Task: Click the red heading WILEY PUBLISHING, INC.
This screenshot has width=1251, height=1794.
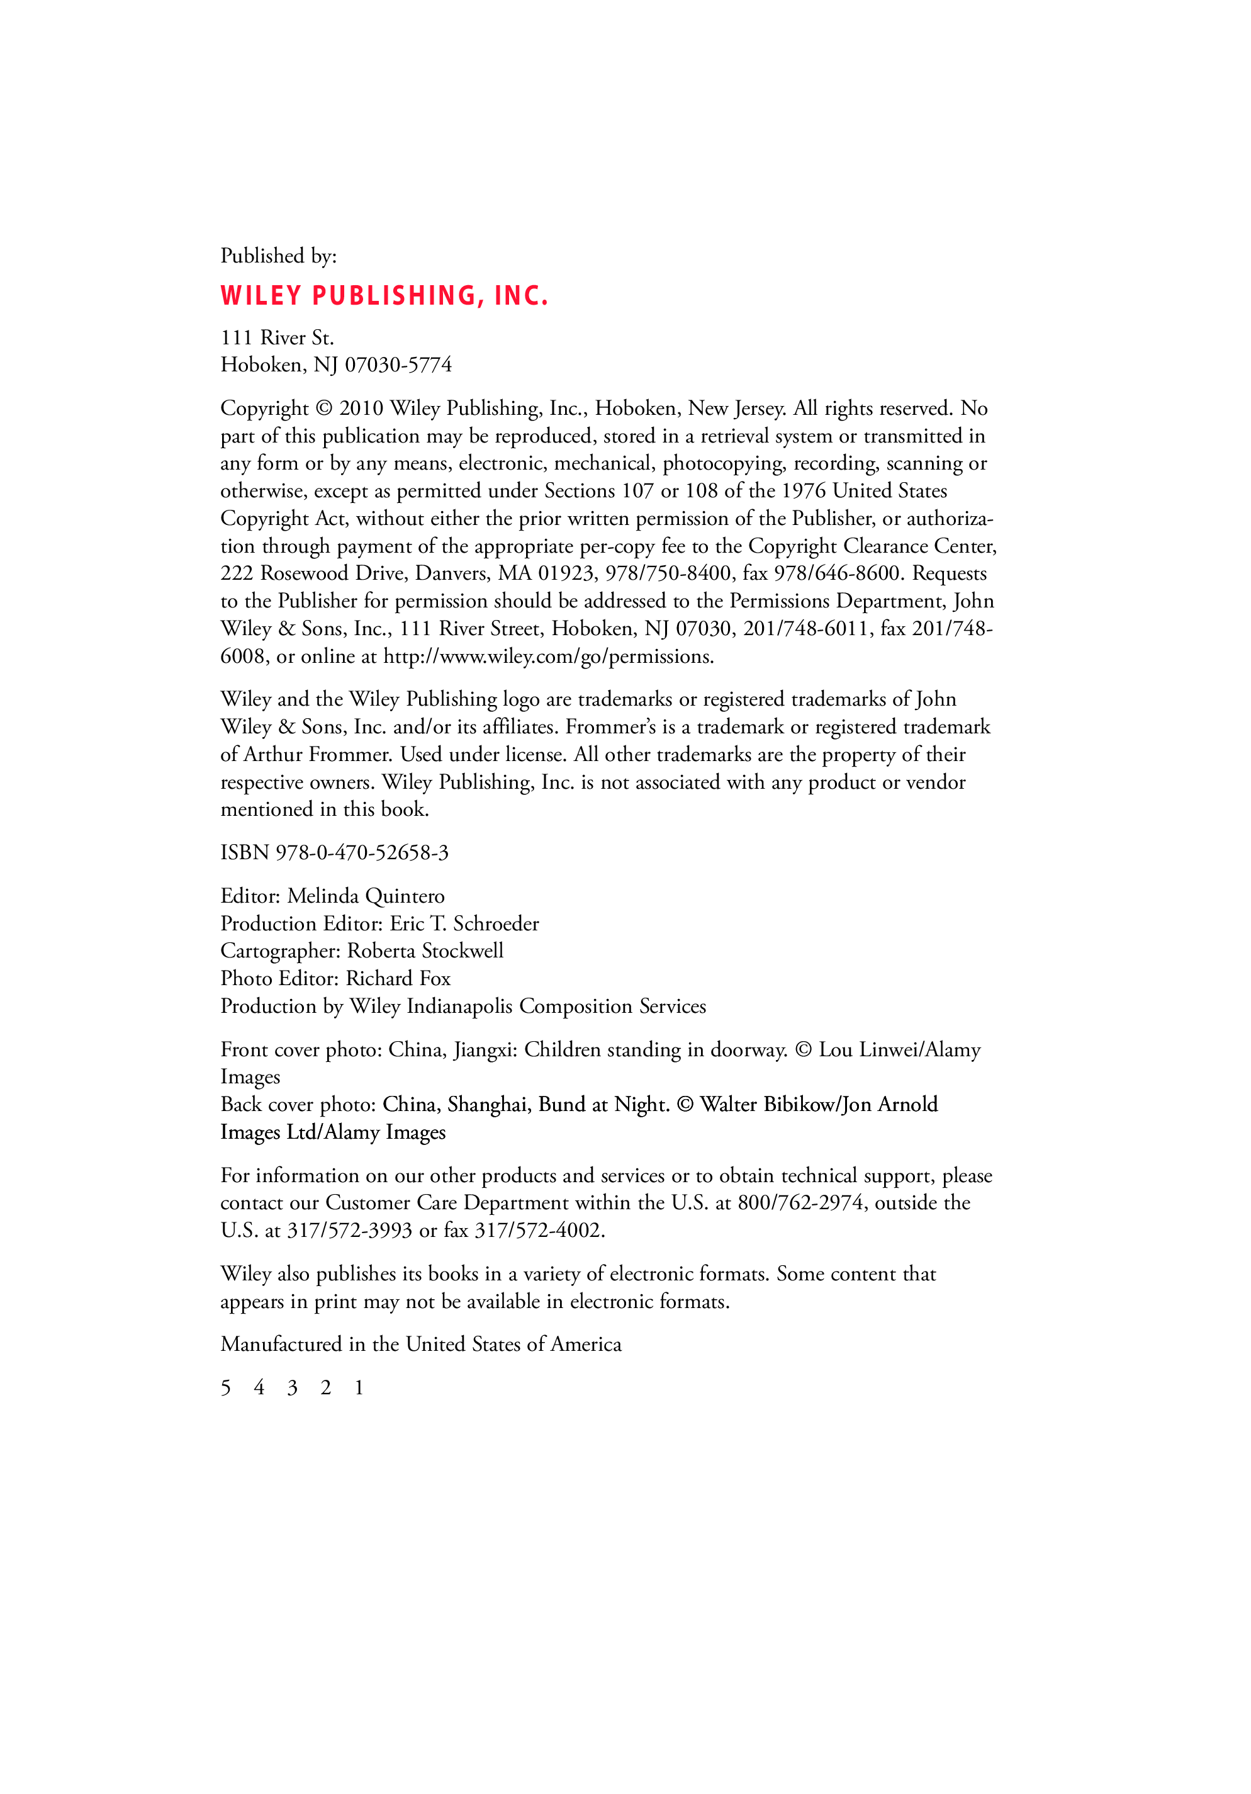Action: (x=384, y=295)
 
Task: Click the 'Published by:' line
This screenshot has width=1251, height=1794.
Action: (x=278, y=256)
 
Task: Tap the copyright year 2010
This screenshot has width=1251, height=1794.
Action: (x=361, y=408)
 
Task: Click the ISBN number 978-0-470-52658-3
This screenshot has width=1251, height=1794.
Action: (x=362, y=852)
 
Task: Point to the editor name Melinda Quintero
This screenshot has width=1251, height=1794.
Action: (x=366, y=896)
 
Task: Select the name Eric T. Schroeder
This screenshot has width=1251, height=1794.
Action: (x=464, y=923)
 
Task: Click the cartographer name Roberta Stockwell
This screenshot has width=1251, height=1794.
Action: (x=425, y=951)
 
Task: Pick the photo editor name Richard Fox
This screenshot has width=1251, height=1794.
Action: (x=398, y=978)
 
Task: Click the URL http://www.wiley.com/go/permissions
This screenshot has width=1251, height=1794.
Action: (x=547, y=657)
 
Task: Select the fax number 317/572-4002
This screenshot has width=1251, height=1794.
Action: (x=539, y=1231)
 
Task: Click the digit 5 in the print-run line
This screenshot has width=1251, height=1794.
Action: (x=226, y=1388)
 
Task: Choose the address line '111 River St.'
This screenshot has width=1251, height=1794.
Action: (x=278, y=337)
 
